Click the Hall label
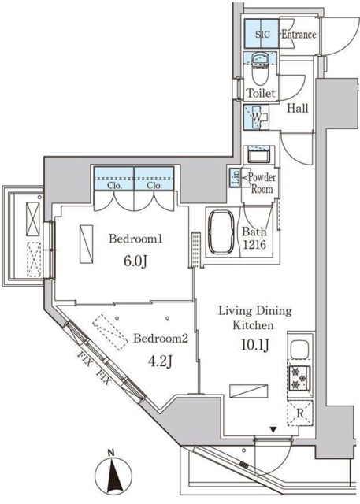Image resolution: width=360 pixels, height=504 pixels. [296, 108]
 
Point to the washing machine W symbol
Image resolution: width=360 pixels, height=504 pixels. [257, 118]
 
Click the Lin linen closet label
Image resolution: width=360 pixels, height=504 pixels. [236, 178]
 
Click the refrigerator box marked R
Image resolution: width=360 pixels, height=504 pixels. [301, 412]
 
